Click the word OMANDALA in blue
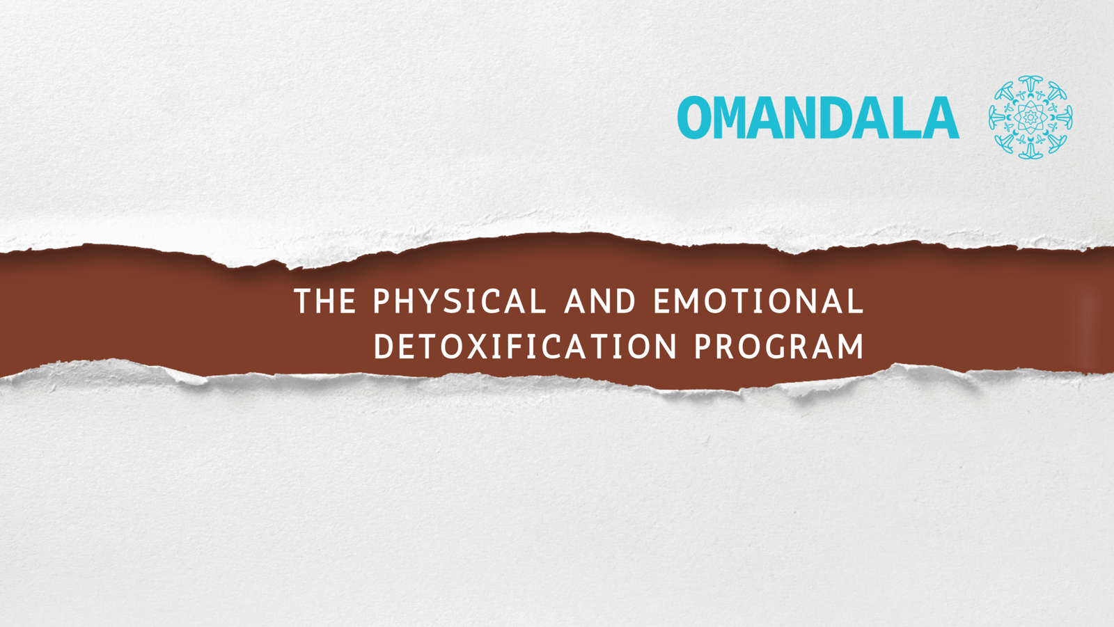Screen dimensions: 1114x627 818,118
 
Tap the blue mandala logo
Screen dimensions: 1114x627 1030,118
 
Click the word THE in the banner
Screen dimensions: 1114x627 325,301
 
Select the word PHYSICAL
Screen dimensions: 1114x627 460,301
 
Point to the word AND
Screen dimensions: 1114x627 599,301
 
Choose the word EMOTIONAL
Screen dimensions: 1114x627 759,301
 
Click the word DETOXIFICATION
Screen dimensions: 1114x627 525,346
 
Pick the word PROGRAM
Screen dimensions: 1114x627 779,346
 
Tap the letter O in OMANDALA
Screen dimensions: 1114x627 694,118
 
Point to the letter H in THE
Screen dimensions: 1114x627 325,301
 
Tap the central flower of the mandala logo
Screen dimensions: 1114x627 1030,118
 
